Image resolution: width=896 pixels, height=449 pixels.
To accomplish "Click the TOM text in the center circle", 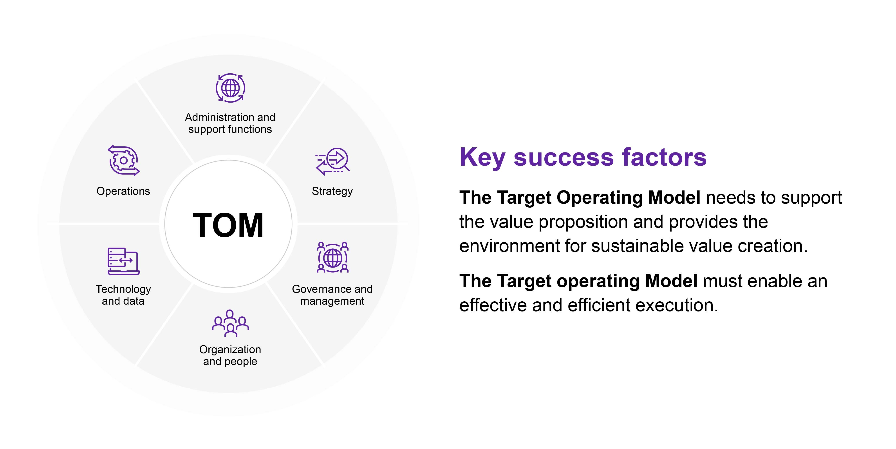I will point(228,225).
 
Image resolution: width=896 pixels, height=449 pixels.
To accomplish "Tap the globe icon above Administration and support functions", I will point(230,88).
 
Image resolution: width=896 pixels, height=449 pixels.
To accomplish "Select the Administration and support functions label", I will point(230,123).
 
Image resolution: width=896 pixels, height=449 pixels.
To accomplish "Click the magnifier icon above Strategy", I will point(333,161).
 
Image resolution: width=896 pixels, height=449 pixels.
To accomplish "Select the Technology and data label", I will point(123,295).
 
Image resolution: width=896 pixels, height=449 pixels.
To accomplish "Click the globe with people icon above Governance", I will point(332,257).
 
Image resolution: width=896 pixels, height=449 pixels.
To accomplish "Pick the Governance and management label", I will point(332,295).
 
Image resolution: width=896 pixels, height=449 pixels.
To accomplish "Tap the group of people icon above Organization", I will point(230,323).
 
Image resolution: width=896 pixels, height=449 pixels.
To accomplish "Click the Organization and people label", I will point(230,355).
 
